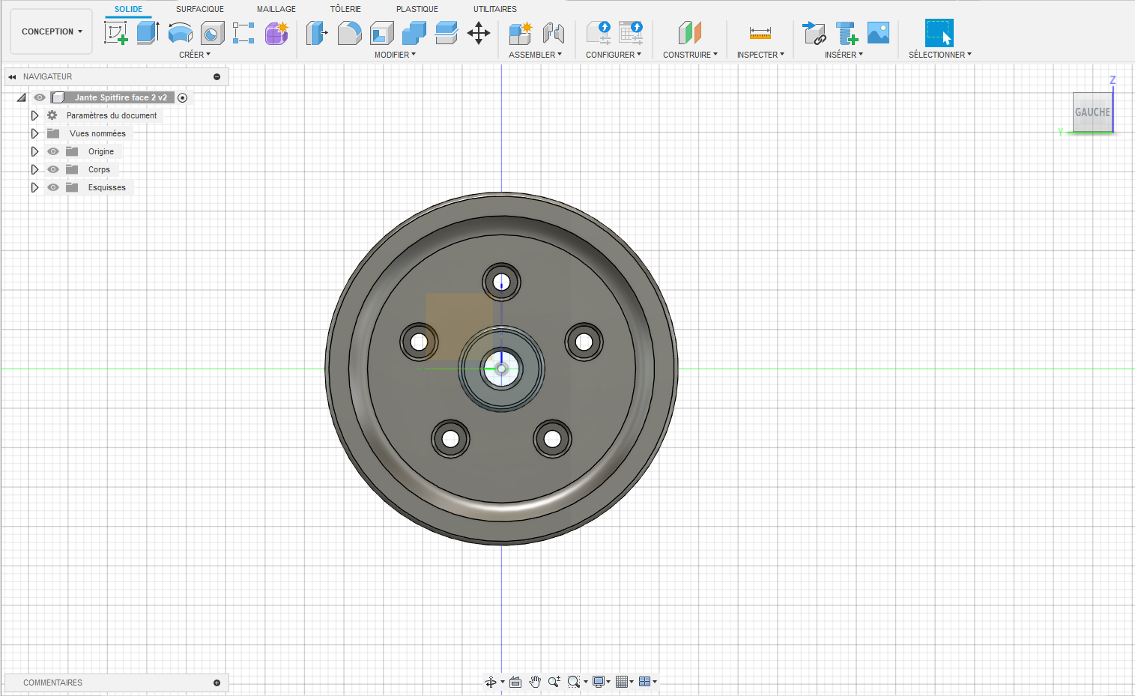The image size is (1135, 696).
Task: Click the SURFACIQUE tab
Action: (x=199, y=9)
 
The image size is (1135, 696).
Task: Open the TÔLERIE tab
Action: (x=345, y=9)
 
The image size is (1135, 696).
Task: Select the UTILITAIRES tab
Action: (x=494, y=9)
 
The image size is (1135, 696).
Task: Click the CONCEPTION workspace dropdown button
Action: (x=51, y=31)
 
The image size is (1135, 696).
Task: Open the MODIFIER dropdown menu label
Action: (x=395, y=55)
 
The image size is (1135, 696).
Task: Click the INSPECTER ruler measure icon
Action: (x=760, y=34)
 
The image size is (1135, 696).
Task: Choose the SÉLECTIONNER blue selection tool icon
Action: (x=939, y=33)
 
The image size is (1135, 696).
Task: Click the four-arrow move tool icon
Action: (x=478, y=34)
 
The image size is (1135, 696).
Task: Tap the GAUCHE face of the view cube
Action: (x=1092, y=112)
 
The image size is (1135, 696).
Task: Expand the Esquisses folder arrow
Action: (x=34, y=187)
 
